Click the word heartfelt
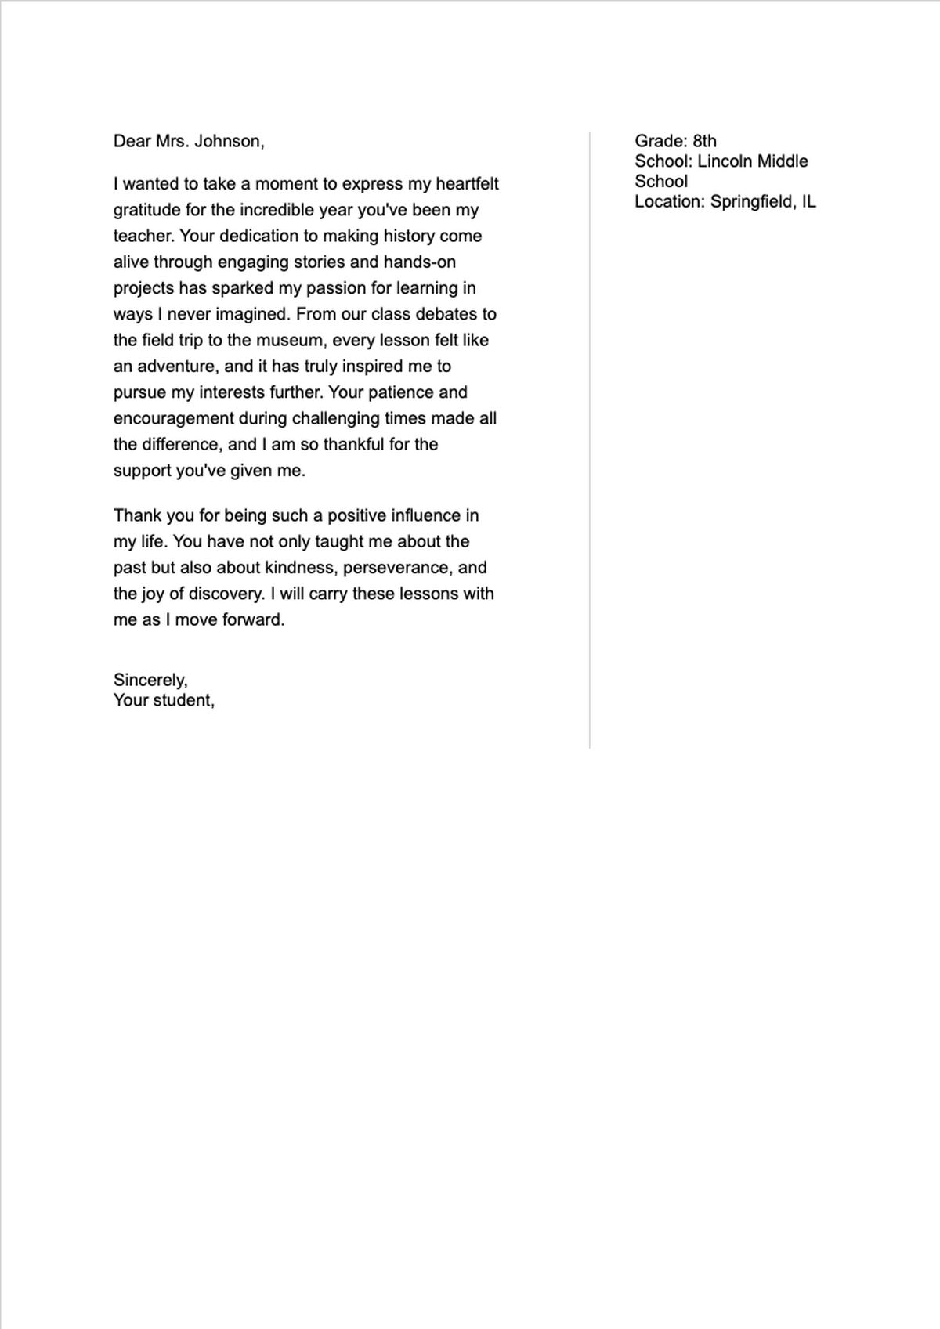tap(467, 184)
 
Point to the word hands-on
tap(419, 262)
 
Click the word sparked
tap(242, 288)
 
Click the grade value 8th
tap(704, 141)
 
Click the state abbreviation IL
tap(808, 202)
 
